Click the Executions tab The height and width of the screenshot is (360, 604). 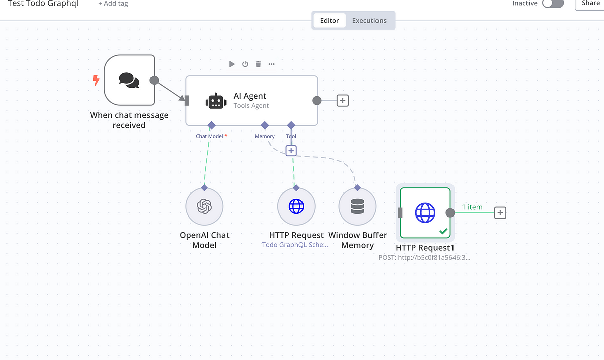pos(369,21)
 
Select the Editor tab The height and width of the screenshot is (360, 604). pos(329,21)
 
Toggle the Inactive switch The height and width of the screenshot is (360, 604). pos(553,4)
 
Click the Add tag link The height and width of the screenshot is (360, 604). pos(113,4)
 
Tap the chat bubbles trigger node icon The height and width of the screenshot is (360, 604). pos(129,80)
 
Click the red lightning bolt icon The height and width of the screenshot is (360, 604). pos(96,80)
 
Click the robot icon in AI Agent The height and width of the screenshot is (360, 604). pos(216,101)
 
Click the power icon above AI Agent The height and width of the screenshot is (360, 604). pos(245,64)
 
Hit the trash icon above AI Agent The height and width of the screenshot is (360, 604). pos(258,64)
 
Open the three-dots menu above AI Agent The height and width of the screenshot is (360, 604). pos(271,64)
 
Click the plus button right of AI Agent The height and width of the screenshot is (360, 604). pos(343,101)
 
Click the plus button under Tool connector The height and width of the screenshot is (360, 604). pos(291,151)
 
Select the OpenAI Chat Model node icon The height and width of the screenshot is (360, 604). pos(204,206)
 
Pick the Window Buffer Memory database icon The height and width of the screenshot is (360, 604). pos(357,206)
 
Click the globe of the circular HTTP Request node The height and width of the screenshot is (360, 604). pos(296,206)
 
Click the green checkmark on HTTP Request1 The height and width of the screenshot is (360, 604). pos(443,231)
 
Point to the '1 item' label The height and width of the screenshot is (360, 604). pos(472,207)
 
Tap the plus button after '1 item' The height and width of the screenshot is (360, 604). pos(500,213)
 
